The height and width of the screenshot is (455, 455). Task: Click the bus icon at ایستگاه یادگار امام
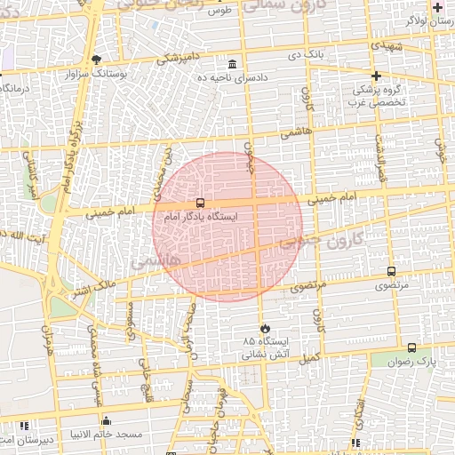(x=201, y=204)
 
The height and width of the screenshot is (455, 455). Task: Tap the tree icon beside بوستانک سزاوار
(x=96, y=60)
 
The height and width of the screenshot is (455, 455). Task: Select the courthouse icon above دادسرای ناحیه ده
(x=233, y=64)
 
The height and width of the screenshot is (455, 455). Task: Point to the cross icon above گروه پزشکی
(x=377, y=76)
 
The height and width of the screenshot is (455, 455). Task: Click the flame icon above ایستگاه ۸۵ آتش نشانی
(x=262, y=327)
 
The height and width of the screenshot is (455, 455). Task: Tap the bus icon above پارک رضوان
(x=411, y=347)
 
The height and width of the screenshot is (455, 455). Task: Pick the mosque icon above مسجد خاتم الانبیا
(x=107, y=420)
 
